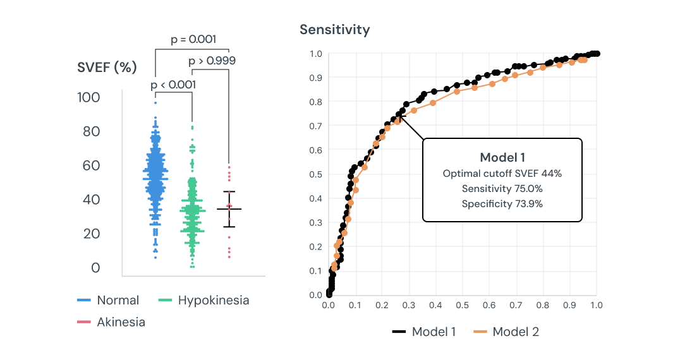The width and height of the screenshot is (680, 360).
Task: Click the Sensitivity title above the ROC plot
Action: click(x=334, y=30)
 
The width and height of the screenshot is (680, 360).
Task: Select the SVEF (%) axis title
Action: click(x=107, y=68)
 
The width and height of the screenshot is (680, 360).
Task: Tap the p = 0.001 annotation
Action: click(x=193, y=39)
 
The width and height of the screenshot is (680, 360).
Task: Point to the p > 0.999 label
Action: click(x=212, y=61)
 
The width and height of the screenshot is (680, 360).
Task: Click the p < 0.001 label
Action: click(x=173, y=84)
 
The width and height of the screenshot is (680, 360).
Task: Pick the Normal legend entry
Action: click(x=118, y=301)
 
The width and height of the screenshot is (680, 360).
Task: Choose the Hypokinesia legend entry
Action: click(x=213, y=301)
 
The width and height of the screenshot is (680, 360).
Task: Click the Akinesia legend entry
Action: click(x=121, y=322)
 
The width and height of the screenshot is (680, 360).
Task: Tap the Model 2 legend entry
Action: click(x=515, y=332)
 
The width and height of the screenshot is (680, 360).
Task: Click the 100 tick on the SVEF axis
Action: click(x=88, y=97)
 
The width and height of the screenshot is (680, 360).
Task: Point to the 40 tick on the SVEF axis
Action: click(x=91, y=200)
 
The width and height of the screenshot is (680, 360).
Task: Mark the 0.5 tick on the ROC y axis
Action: click(x=316, y=174)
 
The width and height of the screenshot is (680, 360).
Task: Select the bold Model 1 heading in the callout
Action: click(x=502, y=158)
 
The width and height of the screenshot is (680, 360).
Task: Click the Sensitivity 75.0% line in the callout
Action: click(x=502, y=188)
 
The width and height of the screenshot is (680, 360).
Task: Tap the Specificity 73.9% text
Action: click(x=502, y=203)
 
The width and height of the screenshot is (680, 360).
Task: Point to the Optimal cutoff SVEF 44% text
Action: click(x=502, y=173)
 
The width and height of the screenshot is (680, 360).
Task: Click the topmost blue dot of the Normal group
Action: click(x=155, y=102)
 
